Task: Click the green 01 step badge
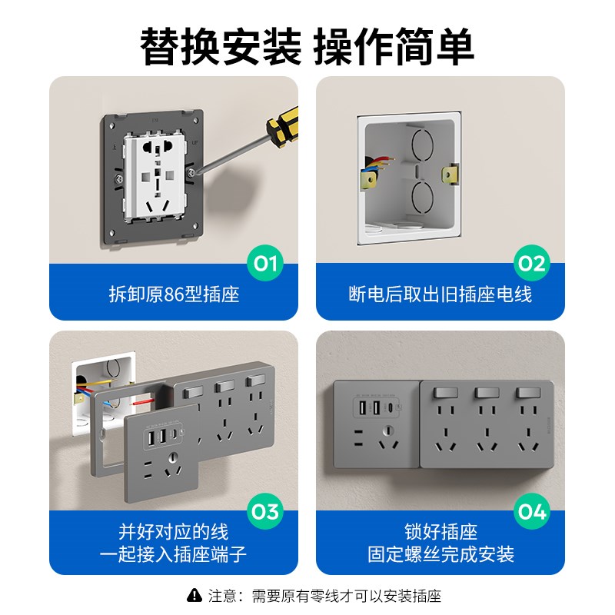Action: pos(265,265)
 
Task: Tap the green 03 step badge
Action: pos(265,512)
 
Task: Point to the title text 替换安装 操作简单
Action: pos(307,46)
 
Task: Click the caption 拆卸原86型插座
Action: pos(174,294)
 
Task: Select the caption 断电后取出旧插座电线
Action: pos(440,294)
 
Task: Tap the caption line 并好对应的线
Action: pos(174,532)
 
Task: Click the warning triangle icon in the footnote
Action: pos(194,595)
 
